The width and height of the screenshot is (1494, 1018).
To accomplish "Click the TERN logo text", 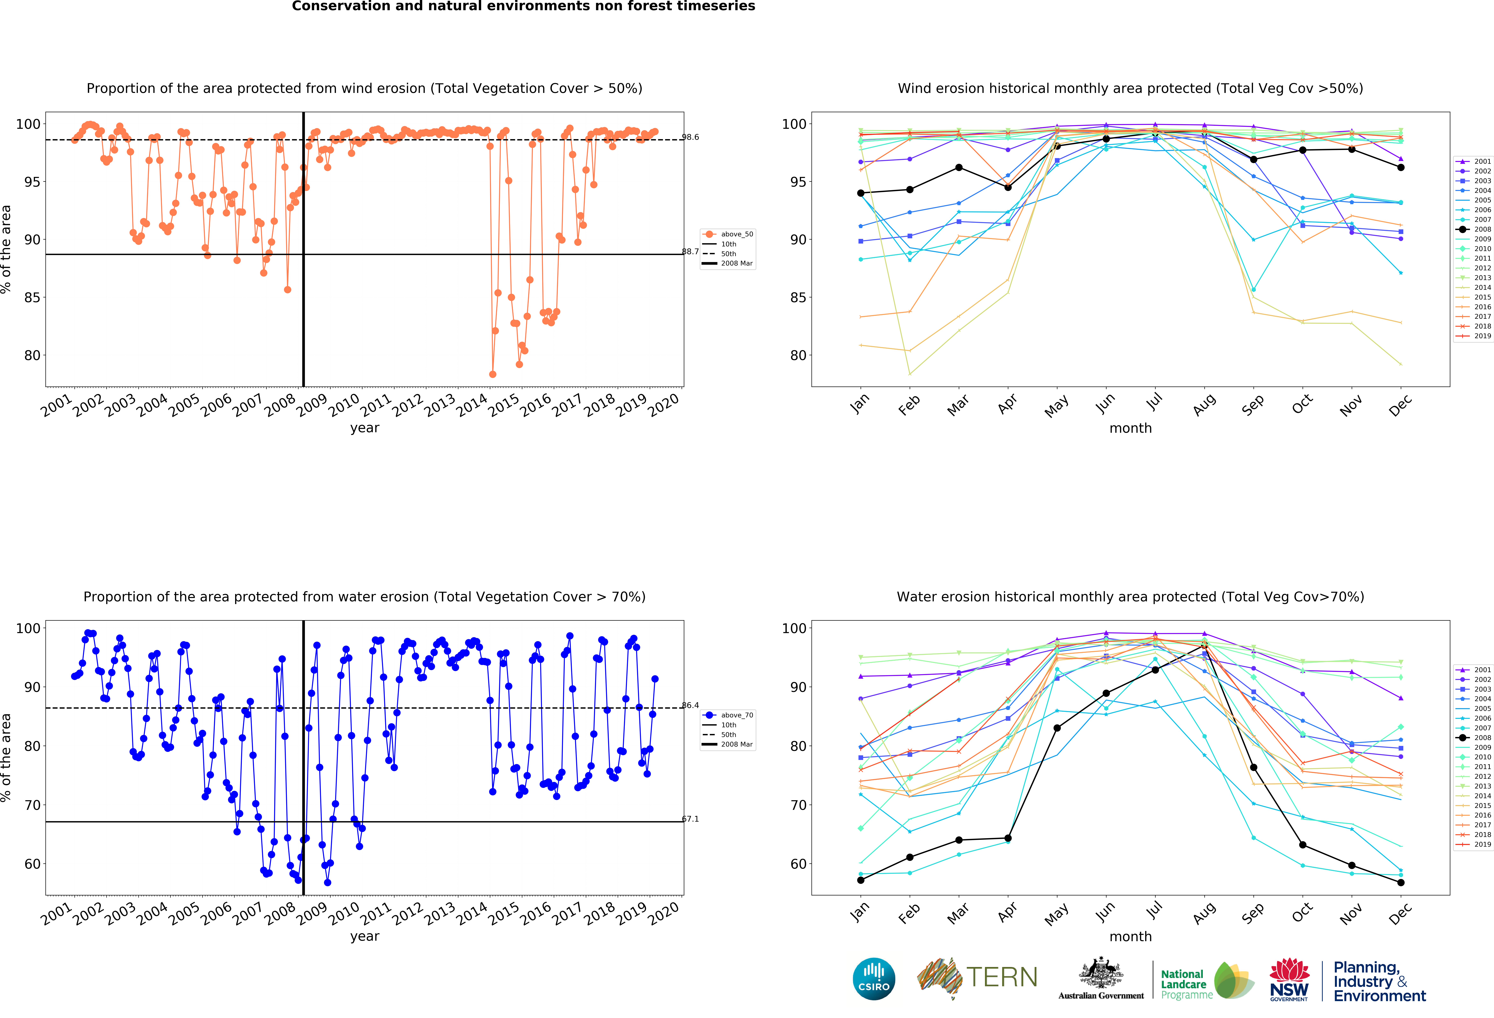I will [x=1002, y=978].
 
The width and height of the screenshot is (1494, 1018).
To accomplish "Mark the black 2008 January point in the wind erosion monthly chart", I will [x=861, y=193].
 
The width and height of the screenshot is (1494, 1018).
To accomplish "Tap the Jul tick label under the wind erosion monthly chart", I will [x=1155, y=402].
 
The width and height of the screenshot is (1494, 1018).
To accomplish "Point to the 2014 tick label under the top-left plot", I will [x=472, y=405].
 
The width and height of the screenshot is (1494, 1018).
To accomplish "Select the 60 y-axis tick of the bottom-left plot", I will [x=32, y=864].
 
